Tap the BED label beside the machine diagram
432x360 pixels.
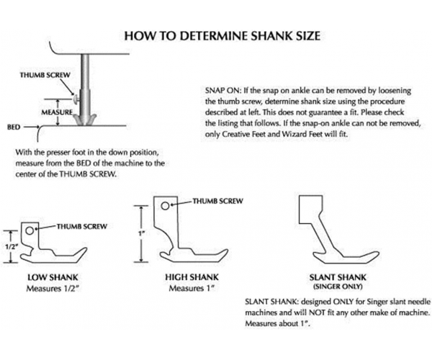coord(14,127)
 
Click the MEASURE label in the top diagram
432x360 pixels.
coord(57,112)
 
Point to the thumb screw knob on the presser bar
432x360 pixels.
coord(76,99)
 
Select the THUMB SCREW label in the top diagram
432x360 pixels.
coord(45,75)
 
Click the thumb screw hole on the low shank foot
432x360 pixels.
coord(30,231)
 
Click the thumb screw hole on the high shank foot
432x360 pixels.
coord(165,206)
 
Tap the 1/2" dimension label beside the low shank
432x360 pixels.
coord(11,246)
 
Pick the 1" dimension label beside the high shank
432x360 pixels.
coord(142,233)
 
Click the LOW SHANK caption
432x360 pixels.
coord(53,277)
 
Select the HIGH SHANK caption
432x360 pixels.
coord(192,277)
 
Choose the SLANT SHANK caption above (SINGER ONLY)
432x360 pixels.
coord(338,277)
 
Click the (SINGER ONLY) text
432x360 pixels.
coord(338,287)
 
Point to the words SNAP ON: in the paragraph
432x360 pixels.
coord(223,91)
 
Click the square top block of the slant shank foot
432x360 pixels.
coord(311,210)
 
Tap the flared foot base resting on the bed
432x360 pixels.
coord(85,120)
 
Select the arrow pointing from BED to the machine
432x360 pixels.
coord(32,127)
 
